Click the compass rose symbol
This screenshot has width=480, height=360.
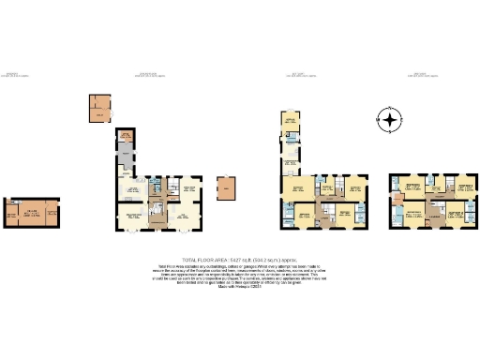pyautogui.click(x=389, y=119)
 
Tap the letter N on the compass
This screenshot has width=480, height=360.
pyautogui.click(x=389, y=109)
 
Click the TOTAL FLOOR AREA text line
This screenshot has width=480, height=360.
pyautogui.click(x=239, y=259)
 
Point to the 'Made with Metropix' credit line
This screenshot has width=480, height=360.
pyautogui.click(x=239, y=298)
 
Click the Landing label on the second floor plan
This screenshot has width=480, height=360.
pyautogui.click(x=433, y=217)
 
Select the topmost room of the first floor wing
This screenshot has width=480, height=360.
pyautogui.click(x=291, y=122)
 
